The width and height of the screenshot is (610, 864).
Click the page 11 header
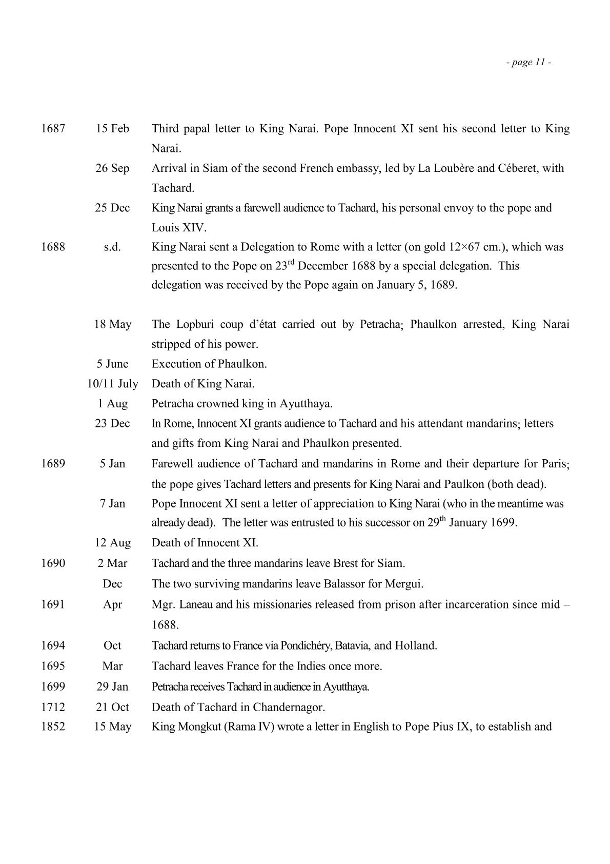(x=528, y=63)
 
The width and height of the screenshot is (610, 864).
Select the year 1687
(x=53, y=128)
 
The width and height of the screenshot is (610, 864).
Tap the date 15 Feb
(x=112, y=128)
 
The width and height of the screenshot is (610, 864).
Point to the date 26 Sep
(x=112, y=168)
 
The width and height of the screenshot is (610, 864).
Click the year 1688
(x=53, y=247)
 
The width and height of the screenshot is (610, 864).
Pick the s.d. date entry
(x=112, y=247)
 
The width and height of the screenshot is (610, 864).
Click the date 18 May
(x=112, y=324)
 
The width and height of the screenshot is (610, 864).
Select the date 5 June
(x=112, y=364)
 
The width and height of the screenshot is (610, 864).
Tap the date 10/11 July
(x=112, y=384)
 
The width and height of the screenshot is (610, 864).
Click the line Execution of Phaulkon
(x=209, y=364)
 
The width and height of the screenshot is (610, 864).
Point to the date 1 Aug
(x=112, y=403)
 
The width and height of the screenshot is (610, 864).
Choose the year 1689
(x=53, y=463)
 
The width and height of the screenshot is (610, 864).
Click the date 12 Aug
(x=112, y=543)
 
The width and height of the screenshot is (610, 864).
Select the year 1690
(x=53, y=563)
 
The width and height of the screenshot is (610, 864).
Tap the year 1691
(x=53, y=604)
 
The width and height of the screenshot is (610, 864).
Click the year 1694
(x=53, y=645)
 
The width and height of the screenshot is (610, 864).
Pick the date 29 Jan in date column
(x=112, y=686)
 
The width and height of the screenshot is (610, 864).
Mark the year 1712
(x=53, y=707)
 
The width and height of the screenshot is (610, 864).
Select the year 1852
(x=53, y=726)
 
